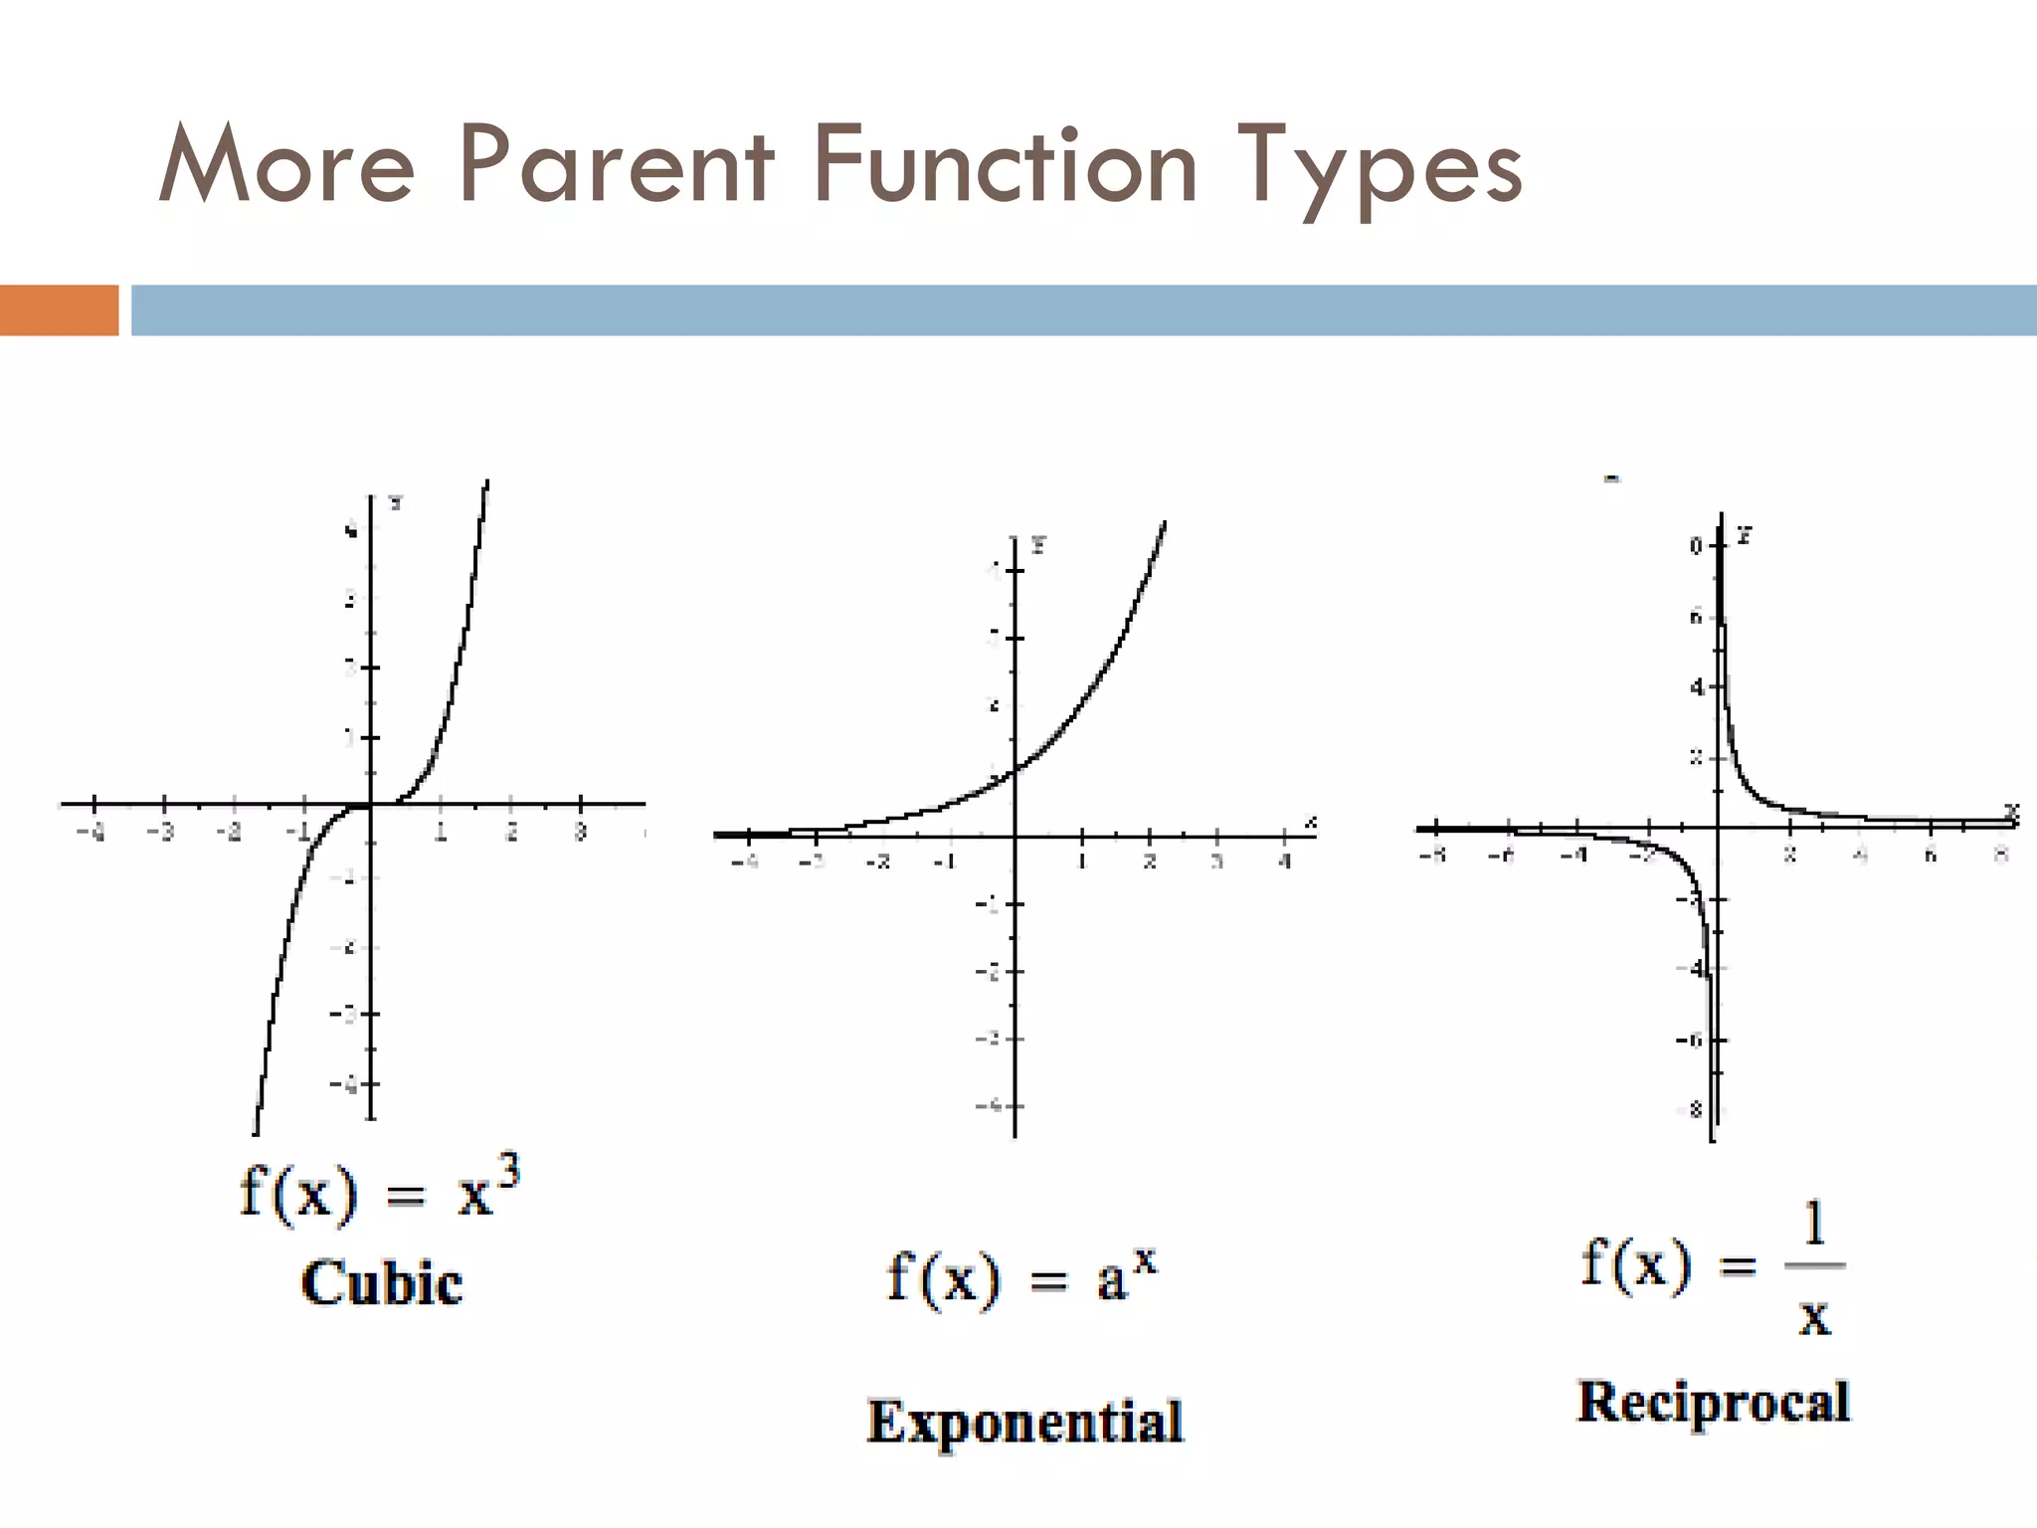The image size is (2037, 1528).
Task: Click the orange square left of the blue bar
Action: pyautogui.click(x=59, y=309)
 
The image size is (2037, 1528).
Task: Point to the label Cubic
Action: pyautogui.click(x=382, y=1282)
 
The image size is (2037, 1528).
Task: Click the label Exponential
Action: pyautogui.click(x=1025, y=1421)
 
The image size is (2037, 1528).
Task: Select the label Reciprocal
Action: pyautogui.click(x=1714, y=1403)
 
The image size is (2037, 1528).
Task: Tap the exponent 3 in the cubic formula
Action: pyautogui.click(x=507, y=1175)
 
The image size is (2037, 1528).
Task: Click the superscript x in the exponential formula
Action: pyautogui.click(x=1146, y=1259)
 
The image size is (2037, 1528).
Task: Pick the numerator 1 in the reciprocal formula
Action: pyautogui.click(x=1815, y=1224)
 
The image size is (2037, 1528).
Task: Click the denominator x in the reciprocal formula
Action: pyautogui.click(x=1815, y=1317)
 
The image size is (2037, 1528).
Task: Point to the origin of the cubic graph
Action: pyautogui.click(x=371, y=804)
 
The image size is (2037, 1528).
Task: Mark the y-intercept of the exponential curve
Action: pyautogui.click(x=1016, y=770)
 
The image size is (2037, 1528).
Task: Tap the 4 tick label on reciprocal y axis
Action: pyautogui.click(x=1698, y=687)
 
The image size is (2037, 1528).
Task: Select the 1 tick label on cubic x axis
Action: pyautogui.click(x=441, y=832)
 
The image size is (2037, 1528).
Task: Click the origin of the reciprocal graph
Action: pyautogui.click(x=1719, y=828)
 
